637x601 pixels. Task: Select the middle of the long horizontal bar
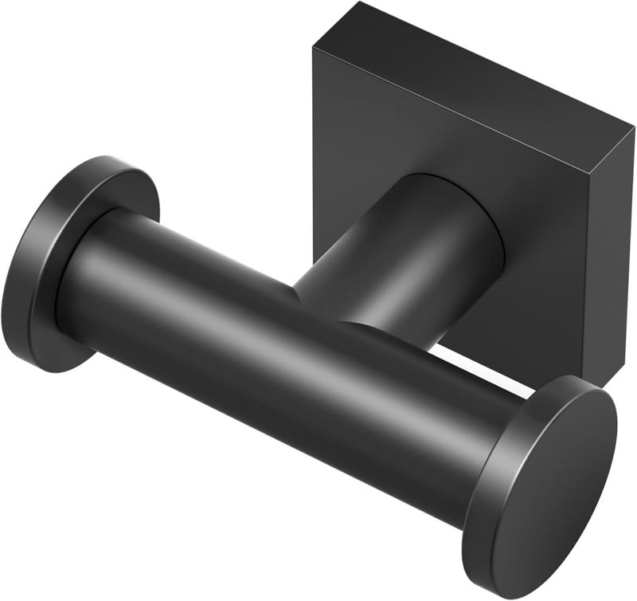point(295,335)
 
